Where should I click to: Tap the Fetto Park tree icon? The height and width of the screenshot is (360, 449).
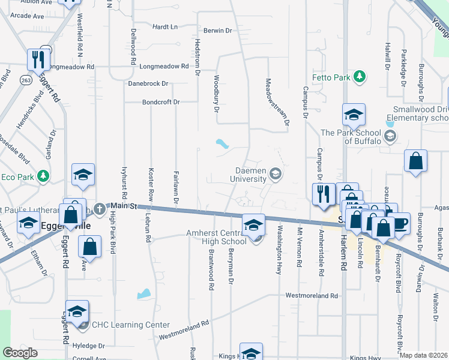(360, 76)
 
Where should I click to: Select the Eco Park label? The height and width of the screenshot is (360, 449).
(17, 177)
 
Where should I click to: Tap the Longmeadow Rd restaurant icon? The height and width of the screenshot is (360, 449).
(37, 59)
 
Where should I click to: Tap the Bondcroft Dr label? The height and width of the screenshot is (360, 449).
(161, 103)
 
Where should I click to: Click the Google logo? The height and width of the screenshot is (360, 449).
(20, 353)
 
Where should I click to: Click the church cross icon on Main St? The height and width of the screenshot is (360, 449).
(100, 208)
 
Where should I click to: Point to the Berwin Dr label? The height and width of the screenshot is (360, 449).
(217, 31)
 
